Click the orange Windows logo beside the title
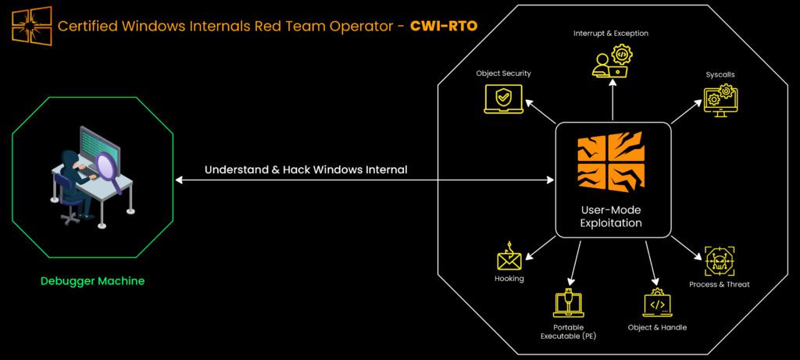31,25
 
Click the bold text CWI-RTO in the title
443,26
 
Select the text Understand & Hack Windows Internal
305,169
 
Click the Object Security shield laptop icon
502,99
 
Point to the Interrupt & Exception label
612,34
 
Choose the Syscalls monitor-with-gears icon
720,101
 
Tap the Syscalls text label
720,75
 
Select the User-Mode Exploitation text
612,217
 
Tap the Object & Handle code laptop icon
657,303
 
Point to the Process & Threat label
720,284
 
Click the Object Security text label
503,73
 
